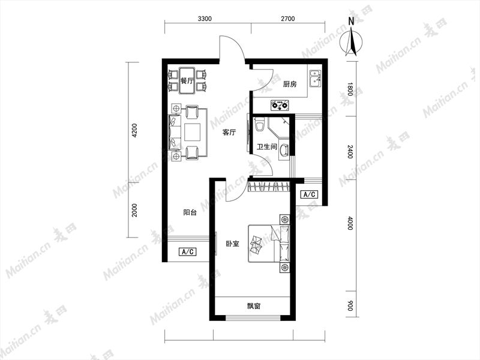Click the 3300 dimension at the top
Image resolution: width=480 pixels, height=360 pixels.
coord(205,19)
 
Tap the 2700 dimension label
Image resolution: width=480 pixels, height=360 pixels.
coord(288,19)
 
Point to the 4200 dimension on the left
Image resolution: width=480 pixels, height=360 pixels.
coord(134,130)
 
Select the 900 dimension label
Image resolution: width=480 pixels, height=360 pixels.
coord(350,305)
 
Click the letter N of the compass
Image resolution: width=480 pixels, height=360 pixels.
coord(352,21)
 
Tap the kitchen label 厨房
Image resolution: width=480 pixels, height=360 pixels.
coord(290,84)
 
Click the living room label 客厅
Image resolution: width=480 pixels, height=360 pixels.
coord(229,133)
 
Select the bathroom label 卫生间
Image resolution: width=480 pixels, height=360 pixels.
coord(266,147)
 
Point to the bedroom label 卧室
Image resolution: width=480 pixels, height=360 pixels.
coord(232,244)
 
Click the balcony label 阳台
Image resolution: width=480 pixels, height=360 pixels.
coord(190,212)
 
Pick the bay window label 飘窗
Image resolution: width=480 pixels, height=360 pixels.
coord(254,306)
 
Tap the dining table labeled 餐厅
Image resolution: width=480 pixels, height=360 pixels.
coord(187,80)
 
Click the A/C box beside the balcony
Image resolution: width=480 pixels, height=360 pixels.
coord(187,251)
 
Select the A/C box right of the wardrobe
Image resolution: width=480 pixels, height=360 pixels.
coord(309,194)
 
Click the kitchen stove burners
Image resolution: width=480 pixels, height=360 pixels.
coord(280,106)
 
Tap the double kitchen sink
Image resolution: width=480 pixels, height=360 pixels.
coord(316,78)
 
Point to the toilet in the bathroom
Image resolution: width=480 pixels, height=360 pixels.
coord(260,125)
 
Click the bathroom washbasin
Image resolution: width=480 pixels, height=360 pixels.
coord(284,151)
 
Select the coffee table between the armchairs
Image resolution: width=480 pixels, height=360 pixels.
coord(193,131)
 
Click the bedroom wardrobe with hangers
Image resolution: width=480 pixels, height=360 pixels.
coord(269,187)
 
